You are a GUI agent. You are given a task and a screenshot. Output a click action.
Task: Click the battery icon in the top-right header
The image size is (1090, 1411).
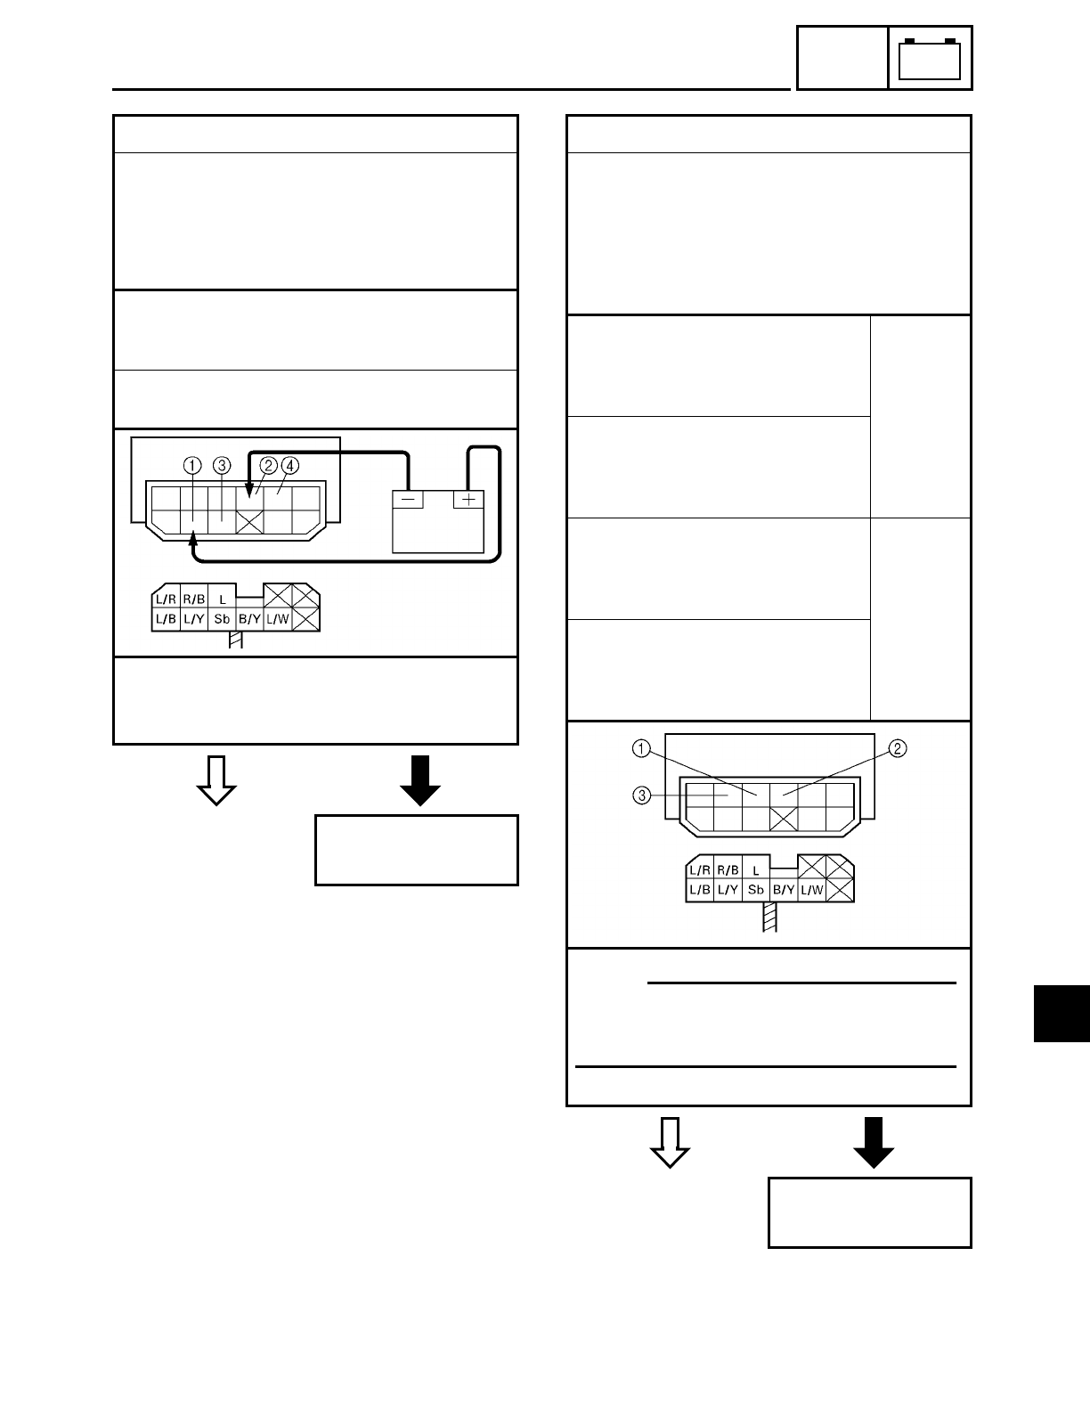(930, 59)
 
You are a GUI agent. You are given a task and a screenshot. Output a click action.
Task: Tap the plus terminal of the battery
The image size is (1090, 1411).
(468, 500)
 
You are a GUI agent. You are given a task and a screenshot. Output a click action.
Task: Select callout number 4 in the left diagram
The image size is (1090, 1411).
(290, 465)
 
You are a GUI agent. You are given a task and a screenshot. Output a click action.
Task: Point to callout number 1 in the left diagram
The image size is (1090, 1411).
(192, 465)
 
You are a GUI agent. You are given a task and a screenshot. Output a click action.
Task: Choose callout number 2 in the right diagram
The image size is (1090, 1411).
(899, 748)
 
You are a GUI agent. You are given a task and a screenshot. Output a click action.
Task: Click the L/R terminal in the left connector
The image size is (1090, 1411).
(166, 599)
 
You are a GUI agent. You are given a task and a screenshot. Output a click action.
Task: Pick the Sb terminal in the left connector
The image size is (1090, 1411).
(223, 618)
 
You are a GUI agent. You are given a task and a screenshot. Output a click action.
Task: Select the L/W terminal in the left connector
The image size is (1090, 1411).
(278, 618)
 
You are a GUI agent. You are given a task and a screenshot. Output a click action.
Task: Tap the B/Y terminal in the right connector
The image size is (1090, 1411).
(784, 890)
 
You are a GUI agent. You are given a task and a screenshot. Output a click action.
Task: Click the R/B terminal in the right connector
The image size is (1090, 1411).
(728, 870)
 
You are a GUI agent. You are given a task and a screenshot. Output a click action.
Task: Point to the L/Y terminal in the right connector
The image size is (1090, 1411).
(728, 890)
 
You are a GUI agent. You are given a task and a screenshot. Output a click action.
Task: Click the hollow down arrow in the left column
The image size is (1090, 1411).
(216, 779)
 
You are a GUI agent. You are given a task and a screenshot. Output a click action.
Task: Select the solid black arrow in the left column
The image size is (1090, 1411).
(420, 779)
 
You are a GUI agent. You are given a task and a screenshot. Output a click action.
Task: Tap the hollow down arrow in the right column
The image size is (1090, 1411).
(670, 1141)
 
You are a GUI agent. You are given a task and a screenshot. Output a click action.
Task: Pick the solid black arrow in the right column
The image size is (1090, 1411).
(874, 1141)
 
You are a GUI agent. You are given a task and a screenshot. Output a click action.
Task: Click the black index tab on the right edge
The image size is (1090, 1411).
(1062, 1013)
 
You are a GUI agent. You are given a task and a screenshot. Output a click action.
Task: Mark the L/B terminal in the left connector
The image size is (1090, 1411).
(166, 618)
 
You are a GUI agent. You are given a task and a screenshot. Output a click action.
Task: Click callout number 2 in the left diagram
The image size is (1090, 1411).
(268, 465)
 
